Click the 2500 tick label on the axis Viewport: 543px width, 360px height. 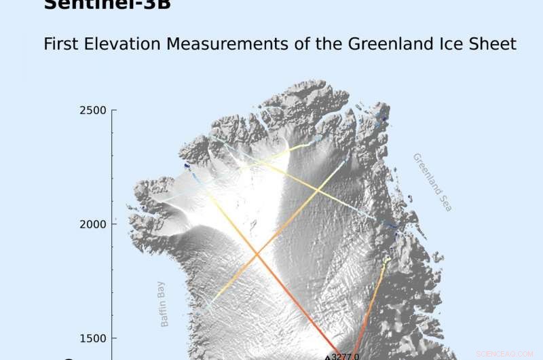[x=93, y=110]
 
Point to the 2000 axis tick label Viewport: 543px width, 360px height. [x=93, y=224]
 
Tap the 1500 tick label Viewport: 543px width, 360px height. [x=93, y=338]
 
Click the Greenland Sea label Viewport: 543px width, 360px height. [x=432, y=182]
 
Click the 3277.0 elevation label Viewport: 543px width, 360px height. [x=345, y=355]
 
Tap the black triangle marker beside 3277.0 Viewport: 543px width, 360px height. [x=328, y=357]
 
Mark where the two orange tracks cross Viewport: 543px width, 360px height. [x=256, y=255]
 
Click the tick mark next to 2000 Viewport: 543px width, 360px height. [x=113, y=224]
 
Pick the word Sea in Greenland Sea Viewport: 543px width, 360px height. [x=445, y=202]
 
